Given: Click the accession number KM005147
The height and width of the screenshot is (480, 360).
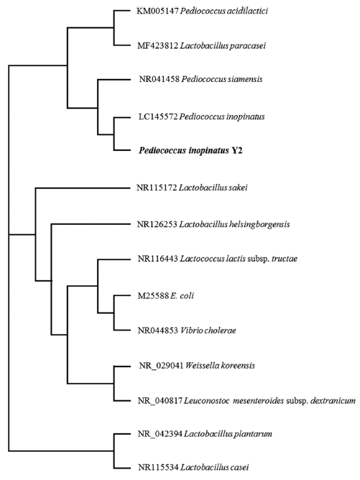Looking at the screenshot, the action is (x=157, y=11).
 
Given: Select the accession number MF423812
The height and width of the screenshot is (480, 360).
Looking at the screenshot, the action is (x=157, y=46).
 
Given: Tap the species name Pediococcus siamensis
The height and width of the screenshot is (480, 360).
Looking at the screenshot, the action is (x=222, y=79).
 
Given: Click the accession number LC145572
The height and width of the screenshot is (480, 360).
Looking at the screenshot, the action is (x=158, y=117).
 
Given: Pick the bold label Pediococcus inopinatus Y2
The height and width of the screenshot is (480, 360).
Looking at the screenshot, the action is (x=190, y=151).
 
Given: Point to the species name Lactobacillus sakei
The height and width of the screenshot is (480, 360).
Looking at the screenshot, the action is (x=213, y=188).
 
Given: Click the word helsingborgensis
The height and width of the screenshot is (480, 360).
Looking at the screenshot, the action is (x=259, y=225).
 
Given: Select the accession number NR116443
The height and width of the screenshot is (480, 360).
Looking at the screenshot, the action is (x=157, y=259).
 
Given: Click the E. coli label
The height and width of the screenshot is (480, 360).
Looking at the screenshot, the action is (x=182, y=296).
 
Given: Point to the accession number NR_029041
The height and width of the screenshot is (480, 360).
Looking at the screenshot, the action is (x=161, y=366).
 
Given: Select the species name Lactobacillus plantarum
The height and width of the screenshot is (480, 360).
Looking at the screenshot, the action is (x=229, y=434).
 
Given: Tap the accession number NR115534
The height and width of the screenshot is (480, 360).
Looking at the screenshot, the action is (x=158, y=468).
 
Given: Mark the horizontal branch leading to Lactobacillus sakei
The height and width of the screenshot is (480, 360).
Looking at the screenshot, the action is (x=83, y=188).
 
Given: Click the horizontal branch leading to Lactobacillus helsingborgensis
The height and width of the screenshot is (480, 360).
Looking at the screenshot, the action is (x=91, y=224).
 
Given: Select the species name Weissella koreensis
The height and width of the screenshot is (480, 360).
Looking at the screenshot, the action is (x=220, y=366).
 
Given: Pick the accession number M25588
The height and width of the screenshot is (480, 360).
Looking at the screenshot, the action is (x=153, y=296).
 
